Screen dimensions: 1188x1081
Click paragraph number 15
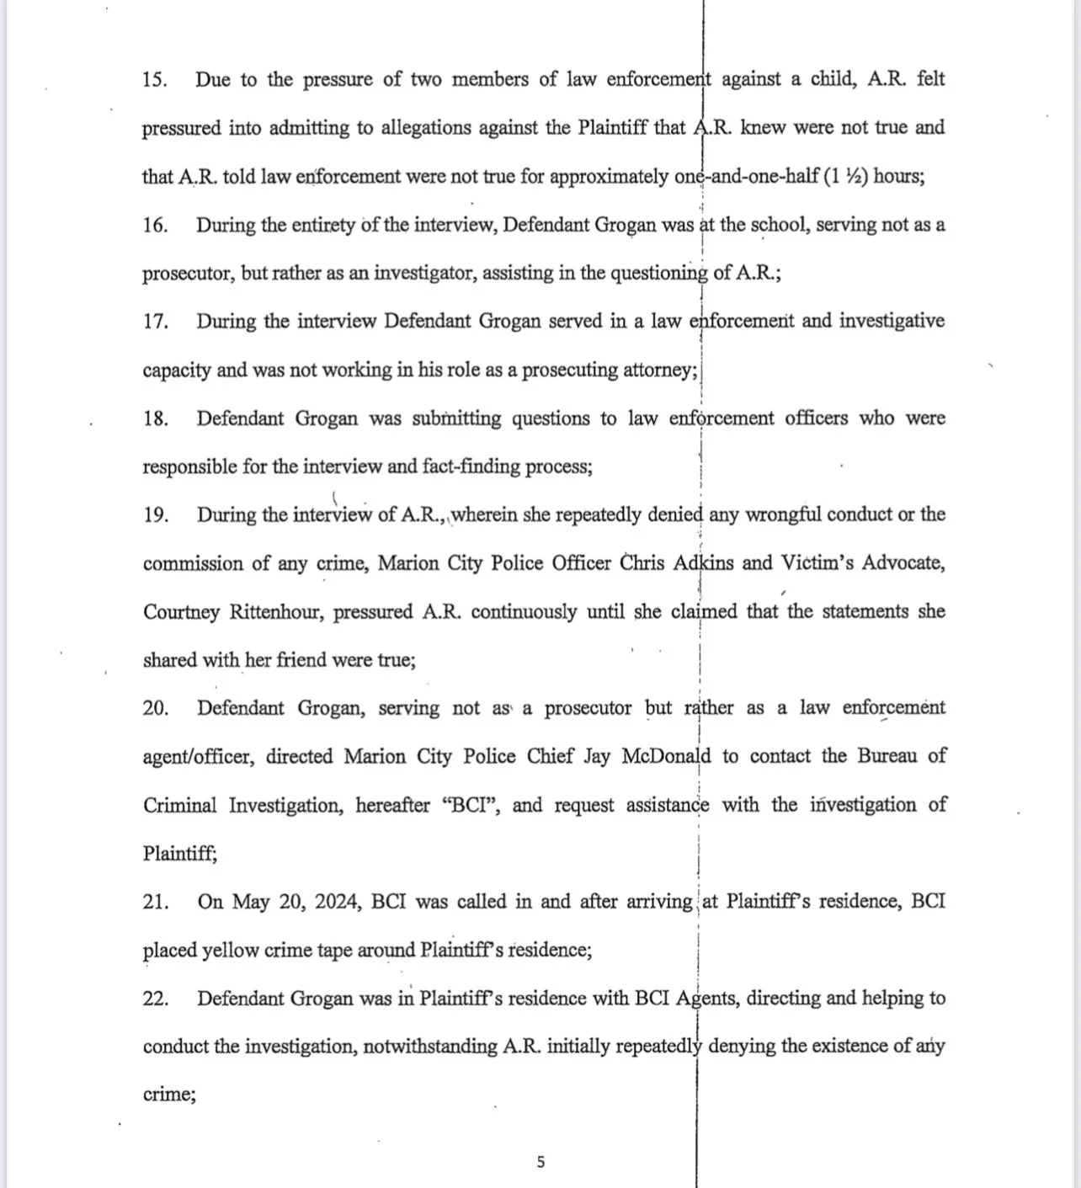pos(154,80)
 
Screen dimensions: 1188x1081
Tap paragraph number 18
pos(155,419)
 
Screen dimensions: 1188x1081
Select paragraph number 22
pos(156,999)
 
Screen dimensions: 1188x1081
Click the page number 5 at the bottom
pos(540,1163)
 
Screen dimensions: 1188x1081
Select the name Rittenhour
pos(276,612)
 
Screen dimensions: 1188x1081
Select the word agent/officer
pos(197,757)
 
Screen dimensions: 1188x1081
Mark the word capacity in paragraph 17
pos(177,370)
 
